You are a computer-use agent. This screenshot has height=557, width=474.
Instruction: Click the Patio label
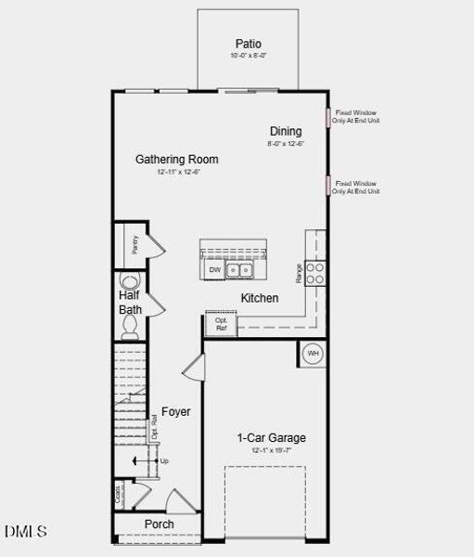coord(248,44)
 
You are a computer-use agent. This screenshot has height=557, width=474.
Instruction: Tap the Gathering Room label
coord(177,160)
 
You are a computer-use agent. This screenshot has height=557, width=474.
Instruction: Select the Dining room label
coord(286,131)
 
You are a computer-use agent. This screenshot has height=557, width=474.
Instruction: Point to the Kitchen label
coord(260,298)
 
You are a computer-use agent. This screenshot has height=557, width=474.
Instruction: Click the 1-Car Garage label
coord(271,437)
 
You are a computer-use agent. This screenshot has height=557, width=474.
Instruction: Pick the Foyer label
coord(176,411)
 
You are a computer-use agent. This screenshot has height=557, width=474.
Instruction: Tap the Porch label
coord(159,525)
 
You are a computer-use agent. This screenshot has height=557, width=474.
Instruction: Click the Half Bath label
coord(130,302)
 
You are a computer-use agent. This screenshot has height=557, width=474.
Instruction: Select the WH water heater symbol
coord(313,354)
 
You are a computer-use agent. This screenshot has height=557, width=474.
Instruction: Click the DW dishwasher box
coord(214,270)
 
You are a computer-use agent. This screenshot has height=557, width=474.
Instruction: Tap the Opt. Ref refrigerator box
coord(222,324)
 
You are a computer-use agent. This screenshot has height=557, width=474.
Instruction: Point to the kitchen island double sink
coord(241,270)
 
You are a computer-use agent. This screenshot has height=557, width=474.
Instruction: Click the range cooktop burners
coord(315,272)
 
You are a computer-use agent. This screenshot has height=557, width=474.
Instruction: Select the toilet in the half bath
coord(131,325)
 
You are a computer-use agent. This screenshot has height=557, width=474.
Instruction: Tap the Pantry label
coord(135,244)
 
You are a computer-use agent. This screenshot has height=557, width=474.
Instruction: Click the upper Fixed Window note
coord(357,117)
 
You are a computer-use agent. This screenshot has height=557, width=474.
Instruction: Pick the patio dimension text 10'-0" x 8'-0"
coord(248,57)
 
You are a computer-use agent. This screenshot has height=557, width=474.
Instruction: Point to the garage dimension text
coord(271,450)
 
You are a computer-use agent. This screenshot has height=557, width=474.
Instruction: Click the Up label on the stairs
coord(164,460)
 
